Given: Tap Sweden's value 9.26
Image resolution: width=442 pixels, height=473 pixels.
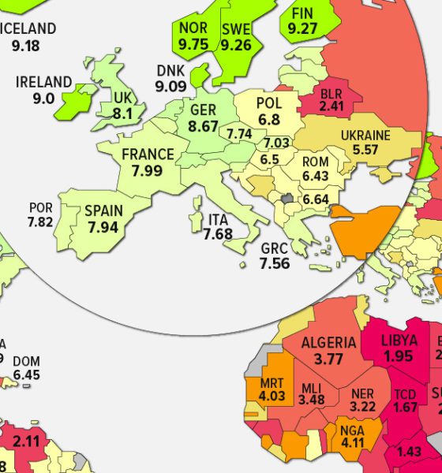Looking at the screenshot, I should [x=236, y=45].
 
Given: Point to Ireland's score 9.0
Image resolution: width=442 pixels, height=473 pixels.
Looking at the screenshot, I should [x=44, y=99].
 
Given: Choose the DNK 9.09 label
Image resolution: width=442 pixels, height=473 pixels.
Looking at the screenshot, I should [x=171, y=79].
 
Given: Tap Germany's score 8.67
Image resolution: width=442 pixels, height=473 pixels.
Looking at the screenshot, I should [x=203, y=125].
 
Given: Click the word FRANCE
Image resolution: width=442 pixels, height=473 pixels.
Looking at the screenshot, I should [x=148, y=155].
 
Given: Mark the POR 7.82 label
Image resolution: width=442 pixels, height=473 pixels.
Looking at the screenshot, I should [x=40, y=215].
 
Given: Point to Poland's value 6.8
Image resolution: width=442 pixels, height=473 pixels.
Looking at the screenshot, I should [x=269, y=121].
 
